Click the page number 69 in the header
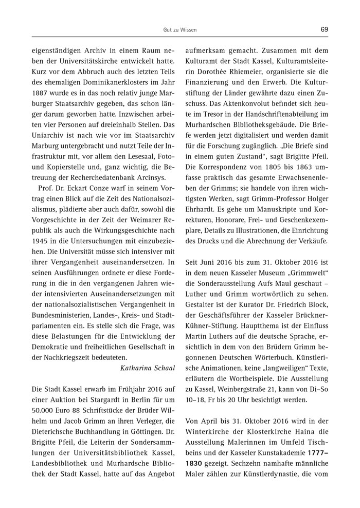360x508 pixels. [324, 29]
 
